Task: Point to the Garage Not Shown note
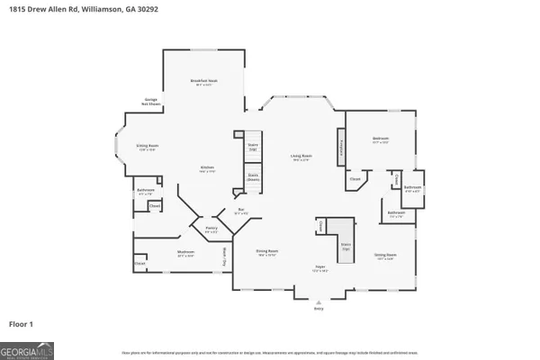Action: (x=152, y=101)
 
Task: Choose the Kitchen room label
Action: (x=207, y=169)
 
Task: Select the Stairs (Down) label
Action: (x=253, y=178)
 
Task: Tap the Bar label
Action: (x=241, y=211)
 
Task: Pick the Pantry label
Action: (x=211, y=231)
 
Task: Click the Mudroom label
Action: (x=186, y=253)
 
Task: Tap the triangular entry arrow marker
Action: (x=317, y=301)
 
